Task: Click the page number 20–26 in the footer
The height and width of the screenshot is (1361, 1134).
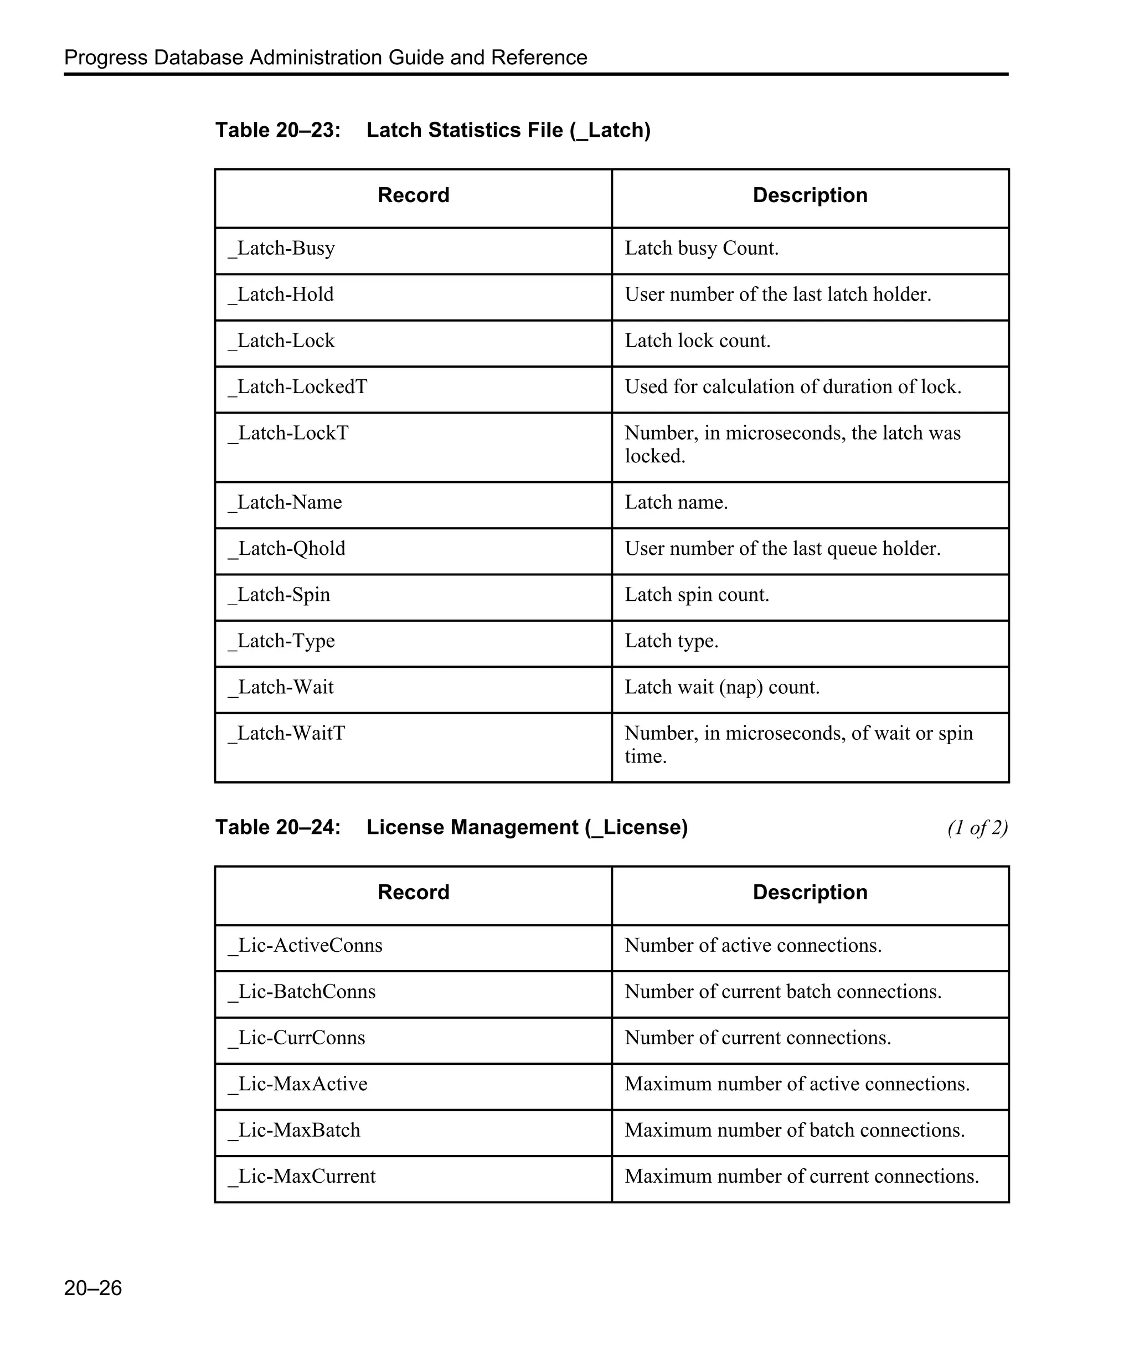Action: [92, 1288]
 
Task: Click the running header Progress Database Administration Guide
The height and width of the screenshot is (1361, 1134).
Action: [325, 58]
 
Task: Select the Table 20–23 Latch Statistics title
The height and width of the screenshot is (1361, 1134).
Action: [432, 130]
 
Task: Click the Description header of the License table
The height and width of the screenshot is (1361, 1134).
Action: [810, 893]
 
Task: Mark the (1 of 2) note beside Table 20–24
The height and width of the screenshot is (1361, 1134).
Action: [977, 828]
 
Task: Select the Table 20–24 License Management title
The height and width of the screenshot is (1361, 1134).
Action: [451, 828]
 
